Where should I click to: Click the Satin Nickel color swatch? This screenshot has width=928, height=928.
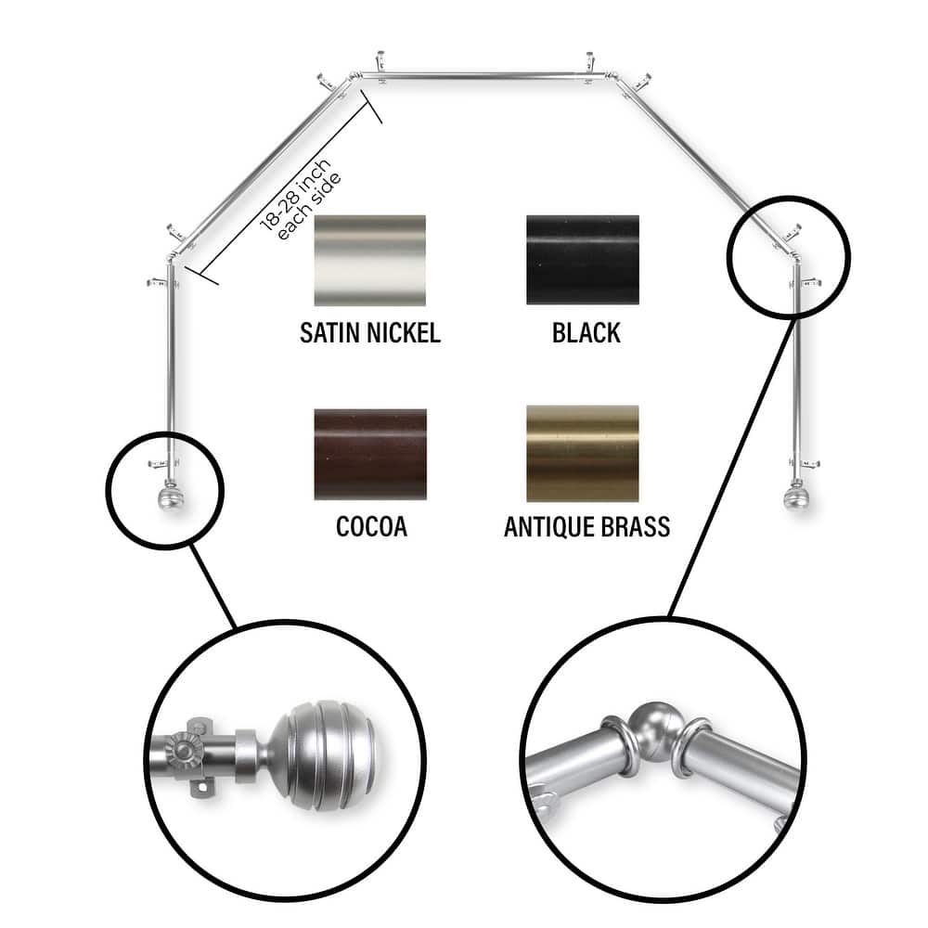coord(370,260)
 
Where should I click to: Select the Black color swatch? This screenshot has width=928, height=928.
coord(582,260)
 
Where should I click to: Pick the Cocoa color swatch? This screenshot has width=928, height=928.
coord(370,454)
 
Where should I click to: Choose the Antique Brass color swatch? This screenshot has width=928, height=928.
coord(582,454)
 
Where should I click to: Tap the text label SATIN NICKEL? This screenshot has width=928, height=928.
coord(369,333)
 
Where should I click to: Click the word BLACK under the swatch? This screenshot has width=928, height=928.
coord(586,333)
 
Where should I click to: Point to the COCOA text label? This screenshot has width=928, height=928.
coord(370,527)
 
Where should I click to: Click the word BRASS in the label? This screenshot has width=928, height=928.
coord(628,527)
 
